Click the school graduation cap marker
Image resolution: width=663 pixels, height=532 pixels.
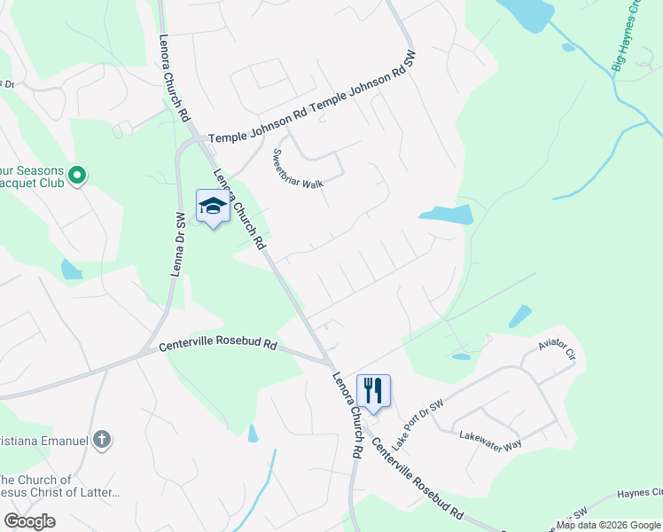[x=213, y=207]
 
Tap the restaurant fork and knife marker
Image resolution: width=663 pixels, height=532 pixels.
[x=373, y=389]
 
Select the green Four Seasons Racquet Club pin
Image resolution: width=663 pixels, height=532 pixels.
[x=76, y=176]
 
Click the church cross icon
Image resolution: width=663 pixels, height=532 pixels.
[x=103, y=438]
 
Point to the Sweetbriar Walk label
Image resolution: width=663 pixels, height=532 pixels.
[x=296, y=168]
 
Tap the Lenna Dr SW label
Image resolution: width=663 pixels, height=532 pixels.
[x=175, y=244]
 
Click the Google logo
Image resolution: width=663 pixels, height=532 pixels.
[x=29, y=521]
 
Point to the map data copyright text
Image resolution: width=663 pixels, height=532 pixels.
[x=608, y=525]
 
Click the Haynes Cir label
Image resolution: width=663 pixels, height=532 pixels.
[x=639, y=492]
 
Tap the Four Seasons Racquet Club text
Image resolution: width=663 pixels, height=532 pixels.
[x=30, y=176]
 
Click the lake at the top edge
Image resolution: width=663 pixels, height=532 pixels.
[x=529, y=12]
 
